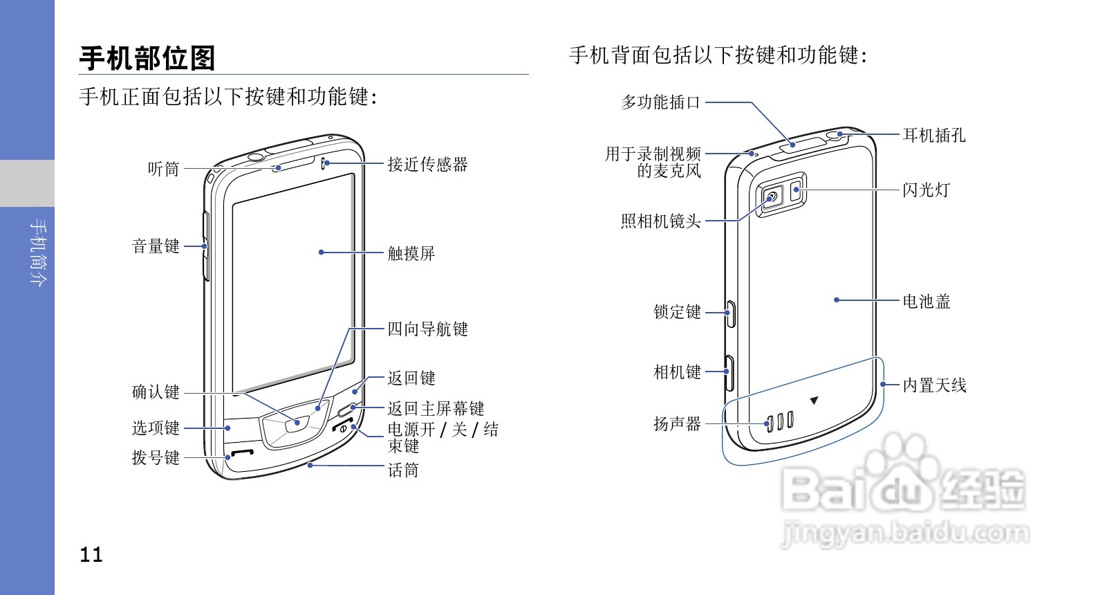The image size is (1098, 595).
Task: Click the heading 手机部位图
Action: tap(147, 58)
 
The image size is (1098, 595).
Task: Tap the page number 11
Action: tap(91, 555)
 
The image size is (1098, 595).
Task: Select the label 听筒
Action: tap(164, 169)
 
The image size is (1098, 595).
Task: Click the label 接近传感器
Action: tap(427, 165)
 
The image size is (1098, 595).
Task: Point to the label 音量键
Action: tap(156, 246)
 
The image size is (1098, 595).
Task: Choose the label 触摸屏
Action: tap(411, 254)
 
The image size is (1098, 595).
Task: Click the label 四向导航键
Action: tap(427, 329)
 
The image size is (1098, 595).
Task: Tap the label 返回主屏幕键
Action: tap(436, 409)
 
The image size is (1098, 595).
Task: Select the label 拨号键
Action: tap(156, 458)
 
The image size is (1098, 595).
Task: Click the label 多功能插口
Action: tap(660, 102)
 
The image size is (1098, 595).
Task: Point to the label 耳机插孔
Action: tap(934, 136)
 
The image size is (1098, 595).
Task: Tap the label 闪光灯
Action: tap(927, 190)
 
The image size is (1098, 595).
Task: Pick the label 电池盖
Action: tap(927, 302)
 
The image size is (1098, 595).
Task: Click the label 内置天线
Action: tap(934, 385)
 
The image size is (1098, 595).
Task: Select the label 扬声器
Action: tap(677, 423)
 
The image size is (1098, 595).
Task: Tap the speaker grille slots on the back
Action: tap(779, 421)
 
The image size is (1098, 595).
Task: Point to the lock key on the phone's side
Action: tap(730, 313)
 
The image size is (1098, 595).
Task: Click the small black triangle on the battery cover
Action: tap(814, 401)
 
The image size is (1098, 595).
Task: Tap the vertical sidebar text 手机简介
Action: tap(39, 253)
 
